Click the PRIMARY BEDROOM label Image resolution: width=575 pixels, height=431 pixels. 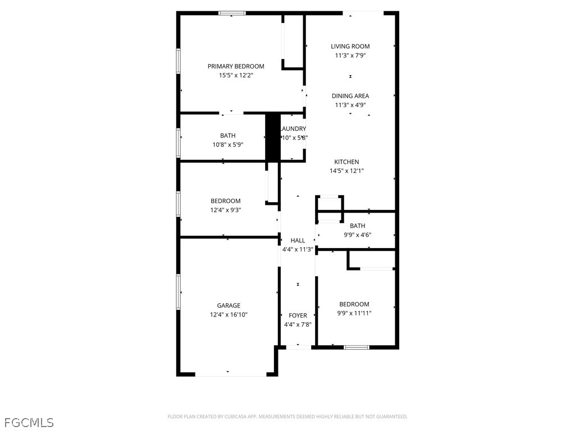click(236, 66)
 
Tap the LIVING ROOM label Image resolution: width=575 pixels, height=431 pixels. click(350, 47)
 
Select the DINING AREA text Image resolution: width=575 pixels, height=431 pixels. click(350, 96)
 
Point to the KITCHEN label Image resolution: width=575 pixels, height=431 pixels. click(347, 162)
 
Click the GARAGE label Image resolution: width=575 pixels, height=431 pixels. click(229, 306)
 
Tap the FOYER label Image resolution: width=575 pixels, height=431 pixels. click(298, 315)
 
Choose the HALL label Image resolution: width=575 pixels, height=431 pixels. click(298, 241)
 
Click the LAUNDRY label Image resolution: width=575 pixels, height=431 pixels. click(294, 129)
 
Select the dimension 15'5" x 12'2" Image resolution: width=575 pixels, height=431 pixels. click(236, 75)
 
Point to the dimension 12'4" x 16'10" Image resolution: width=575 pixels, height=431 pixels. click(229, 315)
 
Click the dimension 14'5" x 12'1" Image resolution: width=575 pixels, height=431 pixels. click(347, 171)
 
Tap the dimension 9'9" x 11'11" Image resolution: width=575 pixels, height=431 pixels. click(354, 313)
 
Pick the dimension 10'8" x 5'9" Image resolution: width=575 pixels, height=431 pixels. click(228, 144)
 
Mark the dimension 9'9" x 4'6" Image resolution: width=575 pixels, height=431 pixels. click(358, 235)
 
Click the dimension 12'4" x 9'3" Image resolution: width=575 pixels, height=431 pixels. click(226, 210)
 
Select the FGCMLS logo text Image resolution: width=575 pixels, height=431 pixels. click(29, 422)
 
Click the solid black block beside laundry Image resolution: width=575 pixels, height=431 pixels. click(272, 137)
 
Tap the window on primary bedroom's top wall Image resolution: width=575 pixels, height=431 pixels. click(232, 13)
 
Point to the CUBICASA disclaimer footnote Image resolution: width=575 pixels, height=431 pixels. click(287, 416)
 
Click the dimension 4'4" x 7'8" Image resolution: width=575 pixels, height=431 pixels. click(298, 324)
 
